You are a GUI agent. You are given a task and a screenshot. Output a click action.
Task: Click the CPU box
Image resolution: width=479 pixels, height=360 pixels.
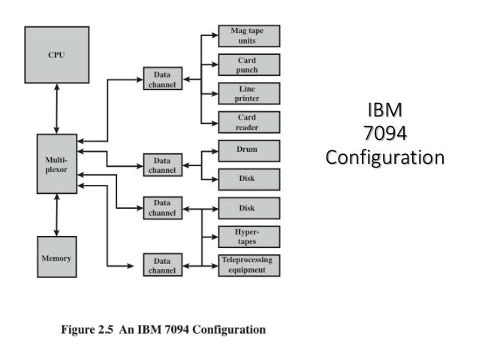click(x=56, y=54)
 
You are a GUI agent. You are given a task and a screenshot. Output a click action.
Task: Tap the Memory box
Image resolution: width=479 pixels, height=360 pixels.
click(x=56, y=258)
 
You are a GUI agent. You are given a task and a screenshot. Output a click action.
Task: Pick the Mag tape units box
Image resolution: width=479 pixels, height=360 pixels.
click(x=248, y=35)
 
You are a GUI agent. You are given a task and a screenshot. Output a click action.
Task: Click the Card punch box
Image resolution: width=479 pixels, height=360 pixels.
click(x=248, y=65)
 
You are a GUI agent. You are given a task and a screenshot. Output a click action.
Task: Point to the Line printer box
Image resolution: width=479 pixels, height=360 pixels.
click(x=248, y=93)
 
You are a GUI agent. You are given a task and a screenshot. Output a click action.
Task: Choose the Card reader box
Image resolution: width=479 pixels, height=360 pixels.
click(x=248, y=122)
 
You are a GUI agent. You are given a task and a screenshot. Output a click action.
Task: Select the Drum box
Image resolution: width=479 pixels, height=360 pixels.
click(x=248, y=150)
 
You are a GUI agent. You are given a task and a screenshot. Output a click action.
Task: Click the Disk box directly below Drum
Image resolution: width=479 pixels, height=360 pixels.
click(x=248, y=179)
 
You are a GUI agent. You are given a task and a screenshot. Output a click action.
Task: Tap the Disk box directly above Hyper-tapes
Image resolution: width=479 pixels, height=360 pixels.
click(x=248, y=207)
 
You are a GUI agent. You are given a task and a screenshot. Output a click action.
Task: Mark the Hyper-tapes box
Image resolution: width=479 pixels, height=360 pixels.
click(x=248, y=237)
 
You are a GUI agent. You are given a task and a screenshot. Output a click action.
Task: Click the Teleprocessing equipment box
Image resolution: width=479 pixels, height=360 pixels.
click(x=248, y=265)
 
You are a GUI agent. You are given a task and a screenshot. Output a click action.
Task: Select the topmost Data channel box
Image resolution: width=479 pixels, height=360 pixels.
click(x=162, y=80)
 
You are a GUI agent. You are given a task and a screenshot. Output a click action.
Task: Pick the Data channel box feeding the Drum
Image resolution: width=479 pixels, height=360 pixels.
click(x=162, y=165)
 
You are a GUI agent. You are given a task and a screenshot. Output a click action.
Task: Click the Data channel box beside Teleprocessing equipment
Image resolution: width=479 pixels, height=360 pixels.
click(x=162, y=265)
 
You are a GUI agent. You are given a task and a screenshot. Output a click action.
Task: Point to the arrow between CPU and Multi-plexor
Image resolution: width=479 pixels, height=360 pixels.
click(x=56, y=108)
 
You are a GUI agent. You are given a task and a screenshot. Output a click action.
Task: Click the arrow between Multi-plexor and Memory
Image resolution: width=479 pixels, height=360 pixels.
click(x=56, y=216)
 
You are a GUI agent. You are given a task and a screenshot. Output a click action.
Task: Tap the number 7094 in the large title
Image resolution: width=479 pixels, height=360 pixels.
click(x=384, y=135)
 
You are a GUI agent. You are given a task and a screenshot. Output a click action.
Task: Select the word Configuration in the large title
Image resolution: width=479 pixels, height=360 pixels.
click(x=384, y=158)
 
